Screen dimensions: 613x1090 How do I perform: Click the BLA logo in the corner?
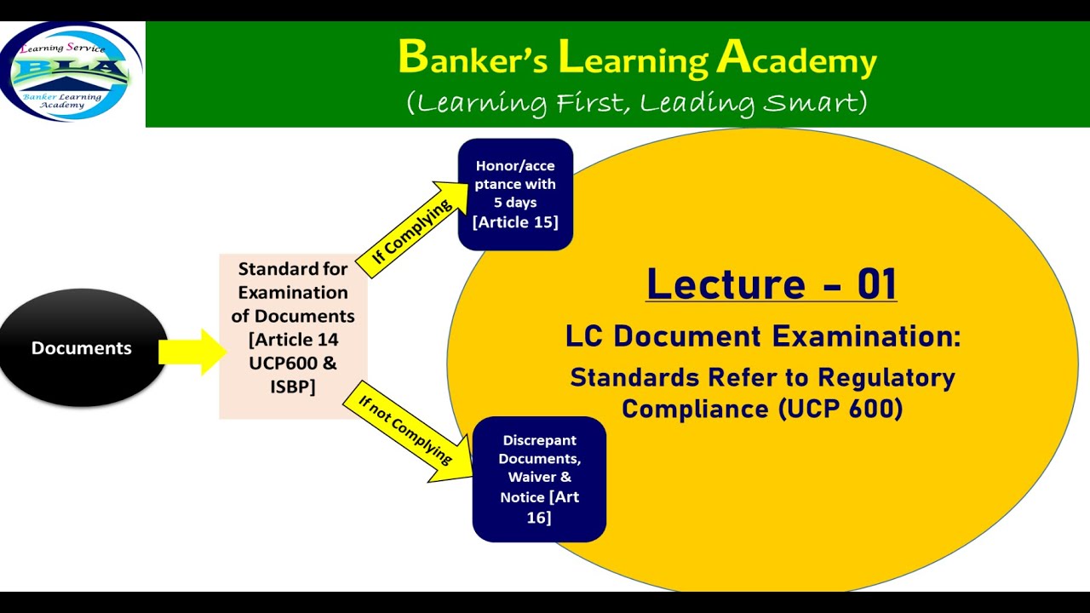(x=72, y=72)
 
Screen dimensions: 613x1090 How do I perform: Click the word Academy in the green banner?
(x=796, y=60)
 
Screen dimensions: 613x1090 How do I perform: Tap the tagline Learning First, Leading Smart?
(x=637, y=103)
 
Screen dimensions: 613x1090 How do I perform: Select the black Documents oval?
(x=82, y=348)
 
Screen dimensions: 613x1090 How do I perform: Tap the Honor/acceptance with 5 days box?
(x=515, y=194)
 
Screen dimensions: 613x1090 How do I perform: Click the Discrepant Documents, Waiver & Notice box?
(x=539, y=478)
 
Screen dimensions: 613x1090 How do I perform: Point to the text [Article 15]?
(x=515, y=222)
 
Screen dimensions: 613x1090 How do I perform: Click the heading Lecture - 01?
(x=771, y=284)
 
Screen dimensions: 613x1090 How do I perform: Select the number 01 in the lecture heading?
(x=876, y=284)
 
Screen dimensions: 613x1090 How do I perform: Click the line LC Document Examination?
(x=762, y=336)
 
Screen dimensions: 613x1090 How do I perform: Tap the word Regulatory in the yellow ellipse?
(x=886, y=377)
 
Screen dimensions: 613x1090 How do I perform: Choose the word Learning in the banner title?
(x=633, y=60)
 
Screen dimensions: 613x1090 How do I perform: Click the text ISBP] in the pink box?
(x=293, y=387)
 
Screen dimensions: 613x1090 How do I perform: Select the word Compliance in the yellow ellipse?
(x=696, y=409)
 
